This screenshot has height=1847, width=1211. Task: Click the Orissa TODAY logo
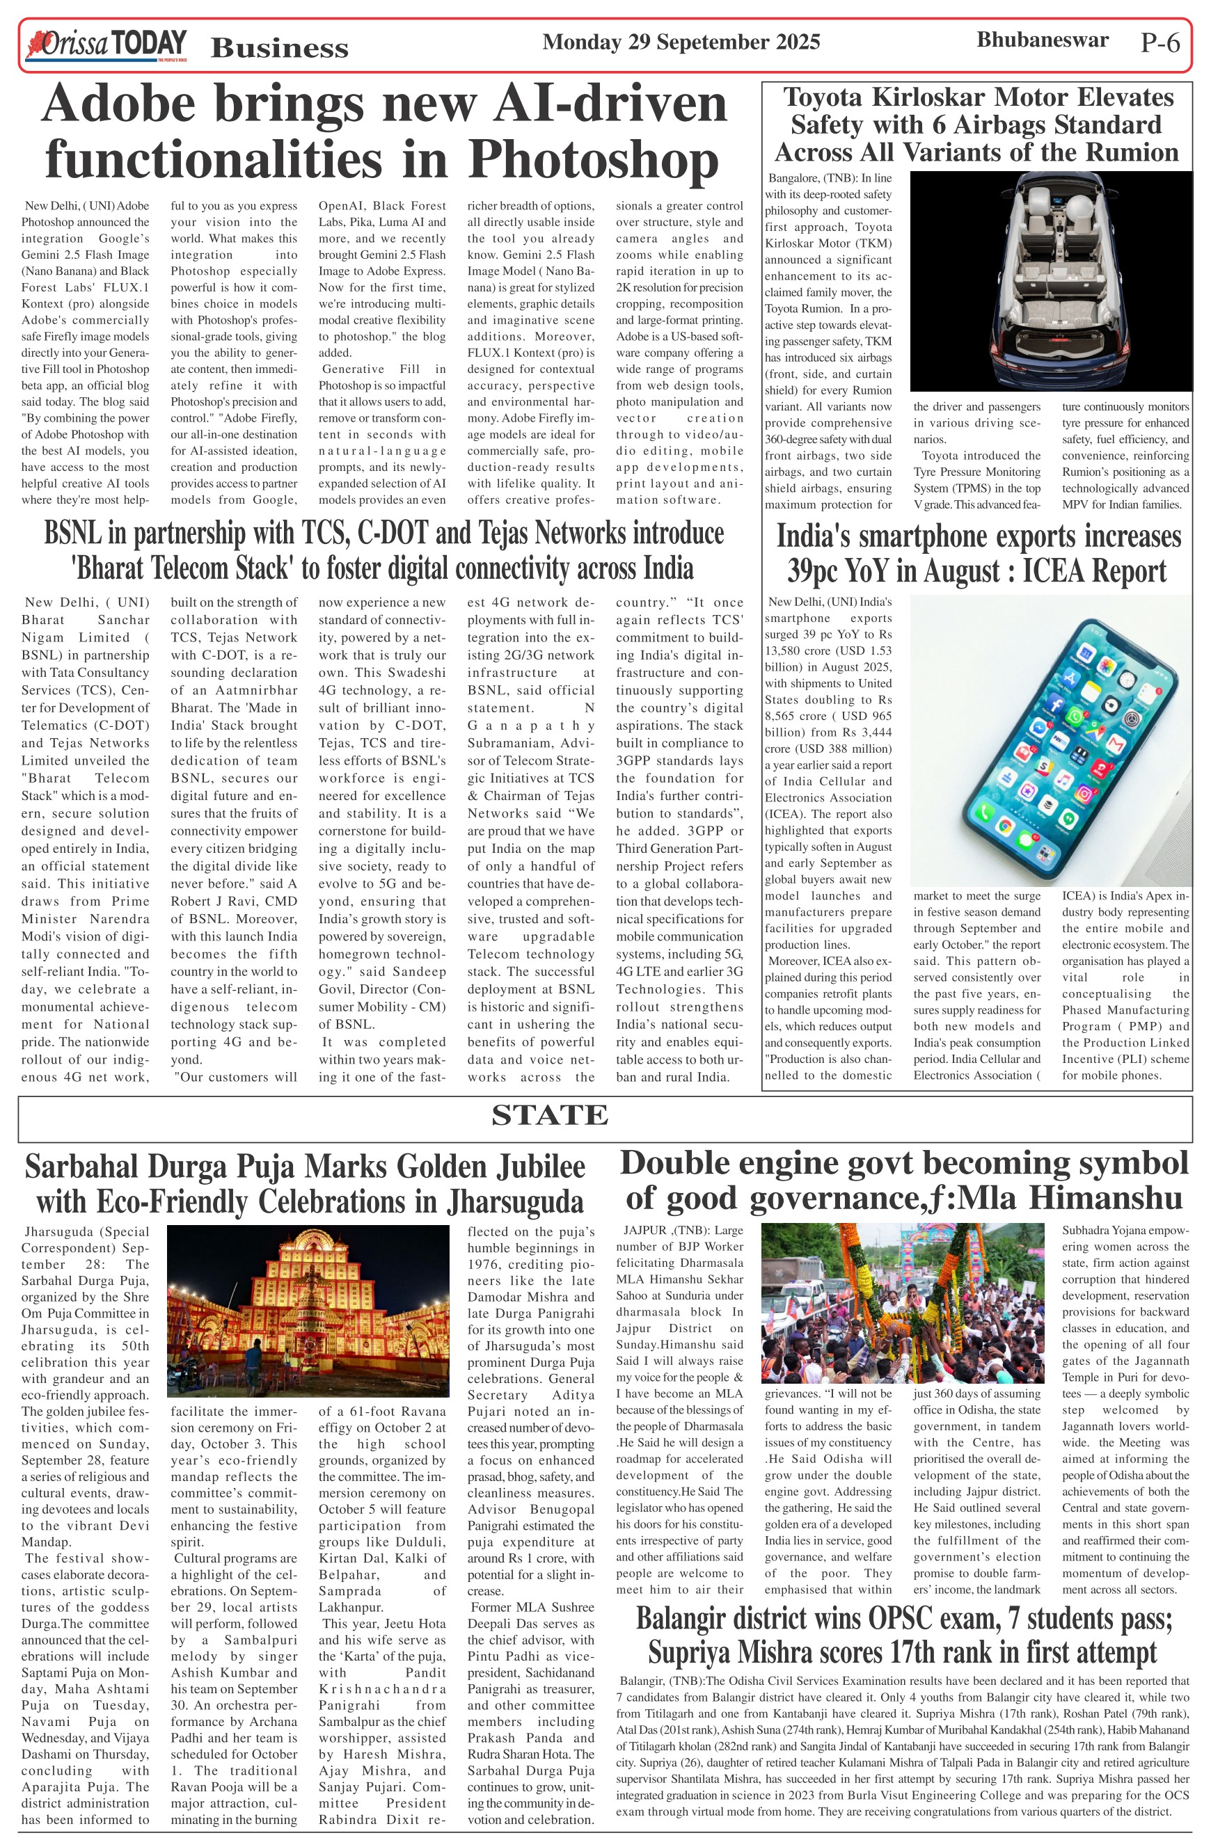pos(106,45)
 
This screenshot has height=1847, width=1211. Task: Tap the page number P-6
pos(1159,42)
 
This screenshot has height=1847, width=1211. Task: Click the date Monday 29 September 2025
pos(681,42)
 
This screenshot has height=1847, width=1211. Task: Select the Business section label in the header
pos(280,48)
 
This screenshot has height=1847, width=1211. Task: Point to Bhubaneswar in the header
pos(1042,40)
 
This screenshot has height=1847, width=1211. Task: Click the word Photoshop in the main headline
pos(593,159)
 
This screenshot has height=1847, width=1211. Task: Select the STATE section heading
pos(550,1115)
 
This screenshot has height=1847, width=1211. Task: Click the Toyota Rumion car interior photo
pos(1050,280)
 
